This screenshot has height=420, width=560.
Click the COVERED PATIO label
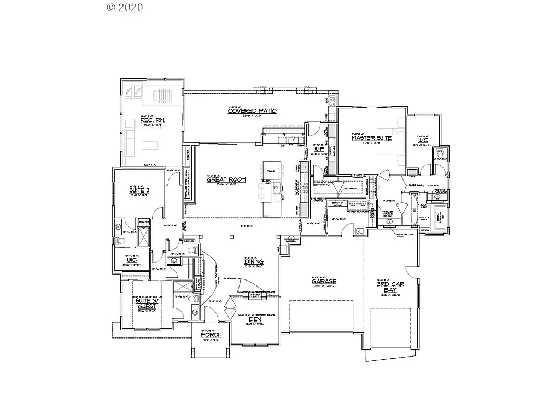[x=252, y=111]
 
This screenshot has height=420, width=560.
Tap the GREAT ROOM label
[x=226, y=179]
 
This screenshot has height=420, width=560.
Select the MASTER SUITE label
[x=371, y=138]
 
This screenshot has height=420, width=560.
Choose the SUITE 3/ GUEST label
[x=146, y=304]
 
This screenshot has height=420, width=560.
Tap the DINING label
[x=254, y=262]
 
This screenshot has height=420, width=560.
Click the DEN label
[x=254, y=320]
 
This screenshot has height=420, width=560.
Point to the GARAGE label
[x=324, y=282]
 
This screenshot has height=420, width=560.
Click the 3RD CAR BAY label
[x=390, y=287]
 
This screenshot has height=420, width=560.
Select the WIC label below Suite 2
[x=132, y=260]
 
